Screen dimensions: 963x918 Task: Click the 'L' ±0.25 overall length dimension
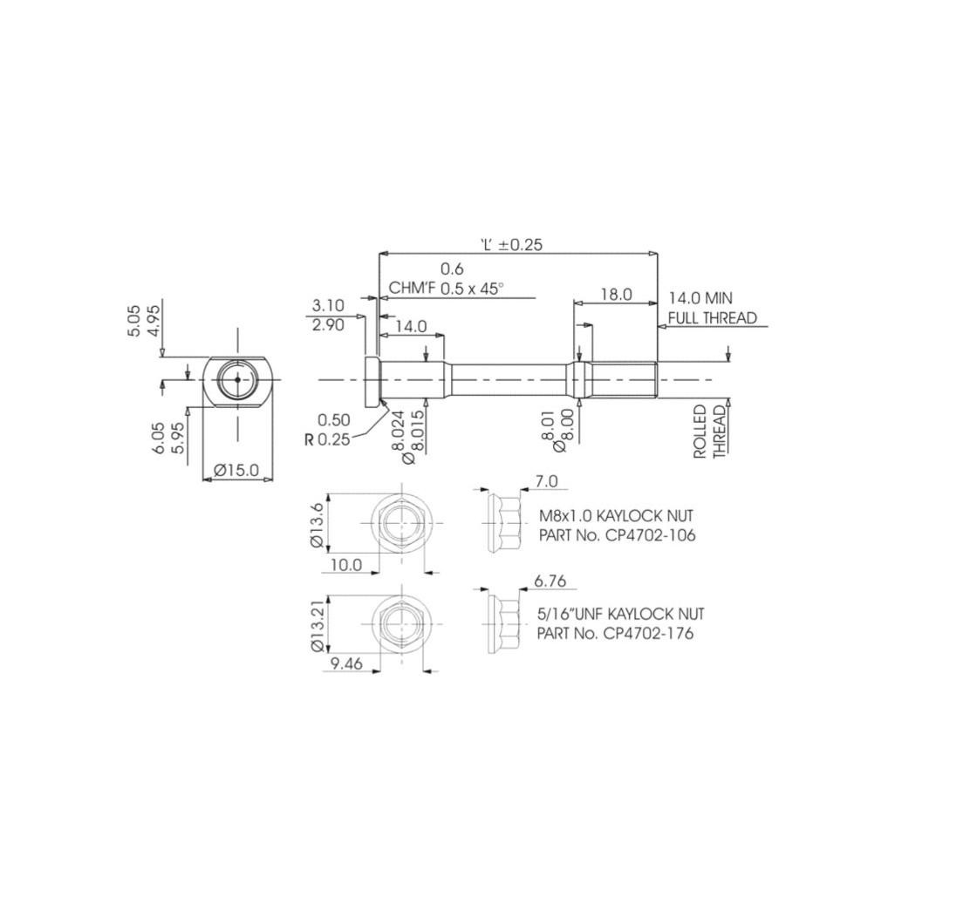tap(511, 244)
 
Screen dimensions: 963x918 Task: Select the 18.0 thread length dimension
tap(616, 294)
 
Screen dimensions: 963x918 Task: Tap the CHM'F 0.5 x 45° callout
tap(446, 288)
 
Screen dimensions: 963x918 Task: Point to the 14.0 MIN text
tap(700, 298)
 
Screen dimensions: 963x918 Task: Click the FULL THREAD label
tap(713, 318)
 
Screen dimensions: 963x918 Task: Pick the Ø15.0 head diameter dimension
tap(236, 470)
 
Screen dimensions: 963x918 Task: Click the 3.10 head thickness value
tap(328, 305)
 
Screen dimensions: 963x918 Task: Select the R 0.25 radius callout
tap(327, 439)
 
